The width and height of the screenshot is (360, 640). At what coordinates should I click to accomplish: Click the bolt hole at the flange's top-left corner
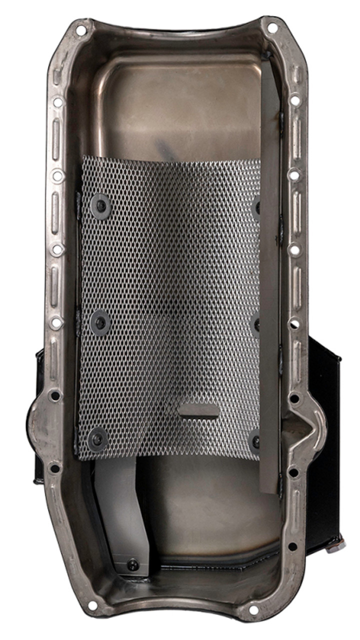click(x=80, y=30)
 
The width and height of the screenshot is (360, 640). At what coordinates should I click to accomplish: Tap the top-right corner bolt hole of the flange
click(x=272, y=28)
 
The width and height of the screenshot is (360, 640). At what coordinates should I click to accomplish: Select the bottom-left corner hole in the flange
click(x=92, y=605)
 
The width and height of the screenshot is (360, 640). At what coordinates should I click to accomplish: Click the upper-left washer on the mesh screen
click(x=100, y=205)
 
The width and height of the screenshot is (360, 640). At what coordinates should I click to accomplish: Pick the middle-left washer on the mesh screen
click(x=100, y=322)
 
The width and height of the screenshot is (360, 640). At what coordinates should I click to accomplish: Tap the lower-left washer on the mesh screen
click(x=97, y=438)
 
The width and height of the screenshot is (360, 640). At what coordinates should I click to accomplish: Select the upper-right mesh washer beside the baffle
click(x=256, y=206)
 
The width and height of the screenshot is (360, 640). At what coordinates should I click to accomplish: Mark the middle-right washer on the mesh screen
click(x=256, y=324)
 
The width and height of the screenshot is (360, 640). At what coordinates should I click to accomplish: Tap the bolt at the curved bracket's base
click(x=132, y=564)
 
